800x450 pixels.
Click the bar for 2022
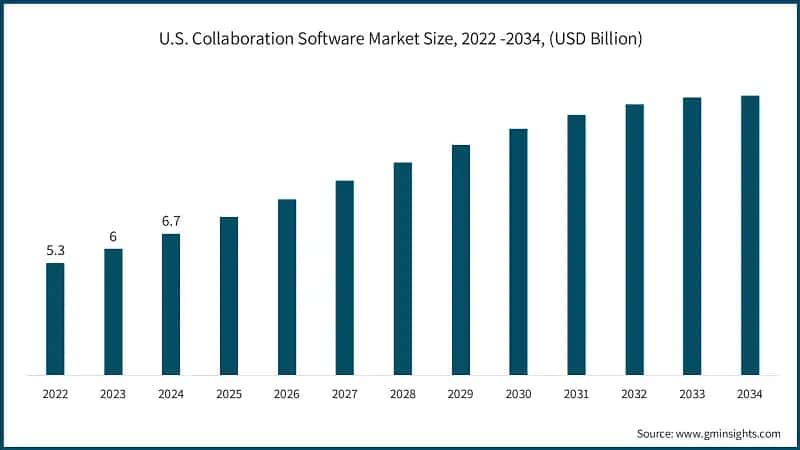tap(55, 319)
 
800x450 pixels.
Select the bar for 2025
tap(229, 296)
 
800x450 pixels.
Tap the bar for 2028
tap(403, 268)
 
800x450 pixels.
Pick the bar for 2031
tap(576, 245)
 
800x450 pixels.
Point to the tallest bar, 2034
tap(750, 235)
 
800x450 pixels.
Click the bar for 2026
tap(287, 287)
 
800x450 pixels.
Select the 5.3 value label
tap(55, 250)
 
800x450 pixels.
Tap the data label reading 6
tap(113, 236)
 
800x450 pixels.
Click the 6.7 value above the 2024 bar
tap(171, 221)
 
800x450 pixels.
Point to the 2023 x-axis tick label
tap(113, 395)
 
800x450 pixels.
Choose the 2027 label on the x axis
tap(345, 395)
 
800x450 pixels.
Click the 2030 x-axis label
tap(518, 395)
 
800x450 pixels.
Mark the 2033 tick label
tap(692, 395)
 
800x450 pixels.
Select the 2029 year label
tap(460, 395)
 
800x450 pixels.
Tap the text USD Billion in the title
tap(590, 40)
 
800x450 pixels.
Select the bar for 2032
tap(634, 240)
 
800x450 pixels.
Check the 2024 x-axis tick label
tap(171, 395)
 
